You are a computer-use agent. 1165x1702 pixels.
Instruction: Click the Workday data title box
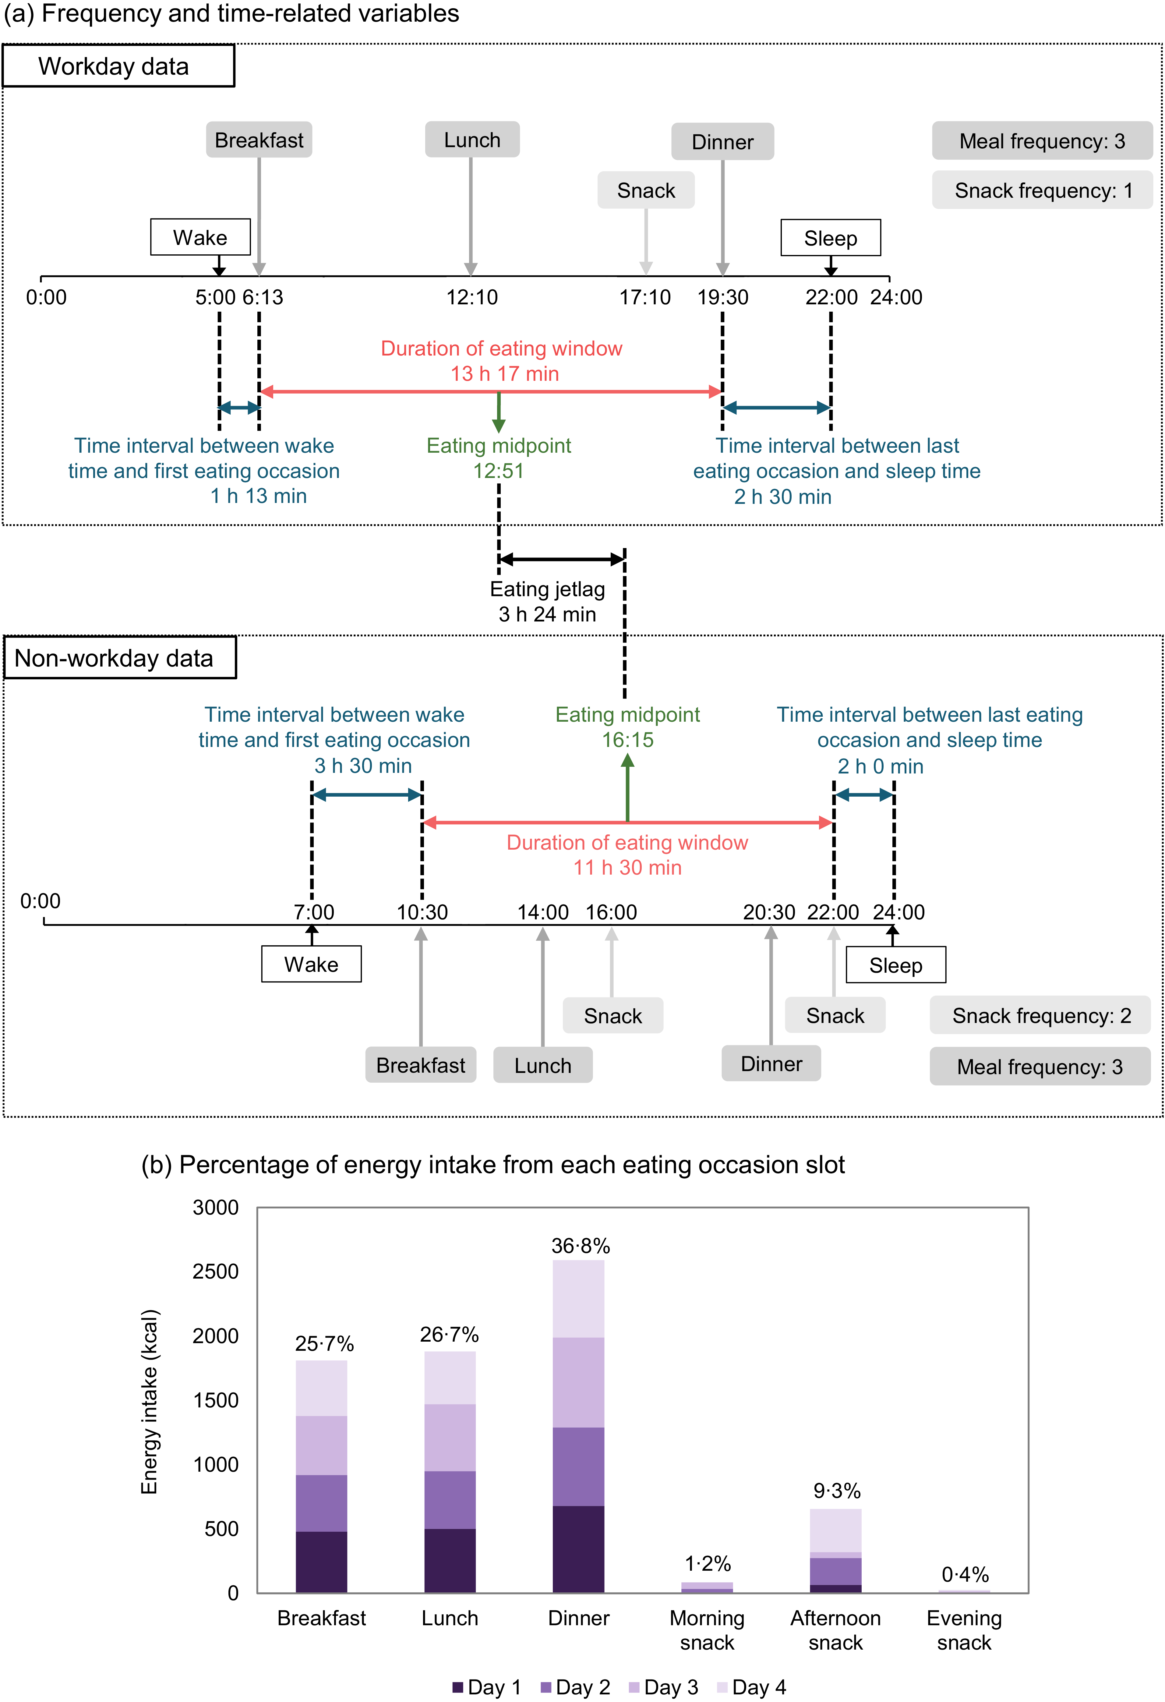pyautogui.click(x=118, y=66)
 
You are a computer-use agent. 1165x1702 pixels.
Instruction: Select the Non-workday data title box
pyautogui.click(x=120, y=658)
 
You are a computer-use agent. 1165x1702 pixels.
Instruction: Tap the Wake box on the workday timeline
pyautogui.click(x=200, y=237)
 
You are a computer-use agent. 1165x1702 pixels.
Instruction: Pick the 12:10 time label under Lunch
pyautogui.click(x=471, y=297)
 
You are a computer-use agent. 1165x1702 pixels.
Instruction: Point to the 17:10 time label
pyautogui.click(x=644, y=297)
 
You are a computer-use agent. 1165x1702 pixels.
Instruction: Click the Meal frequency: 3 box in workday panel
pyautogui.click(x=1042, y=141)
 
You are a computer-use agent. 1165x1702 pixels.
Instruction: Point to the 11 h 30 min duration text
pyautogui.click(x=627, y=868)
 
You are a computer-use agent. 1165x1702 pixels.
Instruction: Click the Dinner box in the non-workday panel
pyautogui.click(x=771, y=1063)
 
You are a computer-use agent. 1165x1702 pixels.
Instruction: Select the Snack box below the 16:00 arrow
pyautogui.click(x=613, y=1016)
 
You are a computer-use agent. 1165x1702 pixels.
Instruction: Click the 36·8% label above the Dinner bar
pyautogui.click(x=581, y=1246)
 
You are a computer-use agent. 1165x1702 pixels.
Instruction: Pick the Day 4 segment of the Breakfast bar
pyautogui.click(x=321, y=1388)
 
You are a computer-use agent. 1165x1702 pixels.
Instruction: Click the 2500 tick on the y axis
pyautogui.click(x=215, y=1271)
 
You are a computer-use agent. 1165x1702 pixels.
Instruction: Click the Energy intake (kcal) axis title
pyautogui.click(x=149, y=1401)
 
